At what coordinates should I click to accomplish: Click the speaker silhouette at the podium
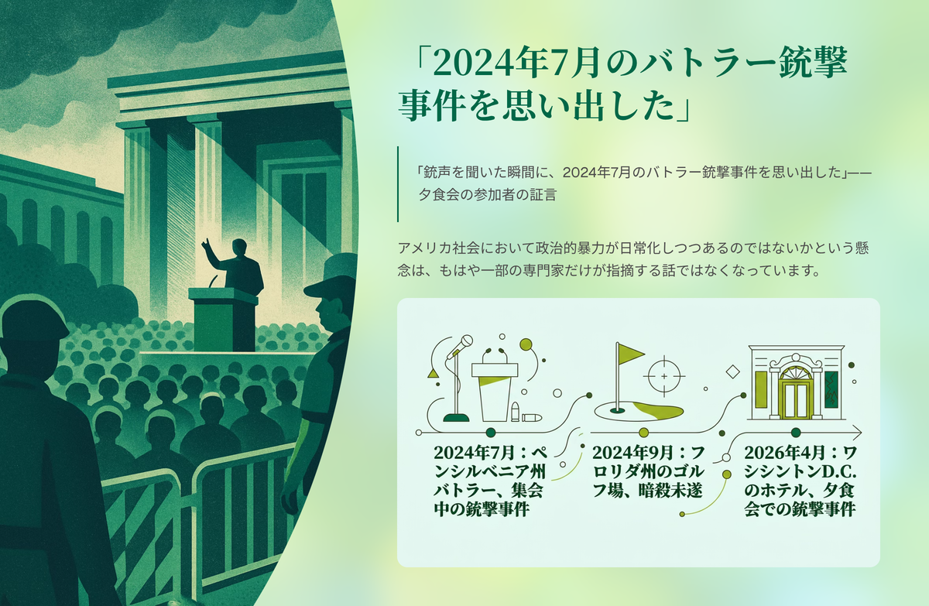pyautogui.click(x=237, y=265)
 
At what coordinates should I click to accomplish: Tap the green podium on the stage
pyautogui.click(x=223, y=320)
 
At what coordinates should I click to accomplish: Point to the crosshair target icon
pyautogui.click(x=664, y=376)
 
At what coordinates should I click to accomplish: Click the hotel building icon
pyautogui.click(x=796, y=382)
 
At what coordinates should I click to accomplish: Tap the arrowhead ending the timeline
pyautogui.click(x=857, y=433)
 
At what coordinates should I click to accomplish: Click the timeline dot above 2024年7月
pyautogui.click(x=491, y=433)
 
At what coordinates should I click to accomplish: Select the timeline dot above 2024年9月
pyautogui.click(x=643, y=433)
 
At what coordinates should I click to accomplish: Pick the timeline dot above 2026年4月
pyautogui.click(x=796, y=433)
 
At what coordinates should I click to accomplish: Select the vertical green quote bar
pyautogui.click(x=398, y=184)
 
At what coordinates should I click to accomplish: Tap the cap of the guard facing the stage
pyautogui.click(x=332, y=276)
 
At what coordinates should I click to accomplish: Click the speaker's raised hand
pyautogui.click(x=206, y=245)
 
